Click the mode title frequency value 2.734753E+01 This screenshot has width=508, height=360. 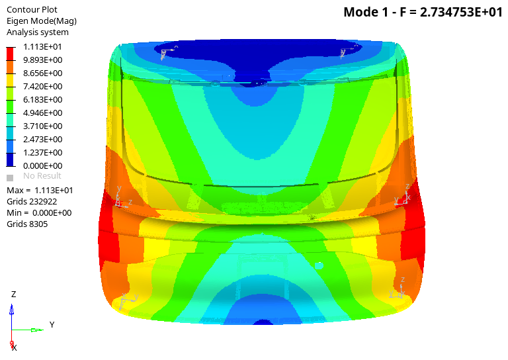pyautogui.click(x=461, y=13)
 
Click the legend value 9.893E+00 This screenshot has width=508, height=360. pyautogui.click(x=43, y=60)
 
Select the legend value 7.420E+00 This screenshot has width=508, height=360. pyautogui.click(x=43, y=87)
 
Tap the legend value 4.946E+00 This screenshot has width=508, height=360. pyautogui.click(x=43, y=112)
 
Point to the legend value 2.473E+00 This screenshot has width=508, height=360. pyautogui.click(x=43, y=140)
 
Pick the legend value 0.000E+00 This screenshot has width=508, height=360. pyautogui.click(x=43, y=166)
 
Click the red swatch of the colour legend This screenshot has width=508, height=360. pyautogui.click(x=11, y=54)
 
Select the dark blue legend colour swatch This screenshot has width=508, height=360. pyautogui.click(x=11, y=159)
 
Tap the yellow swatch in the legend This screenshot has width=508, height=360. pyautogui.click(x=11, y=80)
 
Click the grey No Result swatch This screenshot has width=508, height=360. pyautogui.click(x=10, y=178)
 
